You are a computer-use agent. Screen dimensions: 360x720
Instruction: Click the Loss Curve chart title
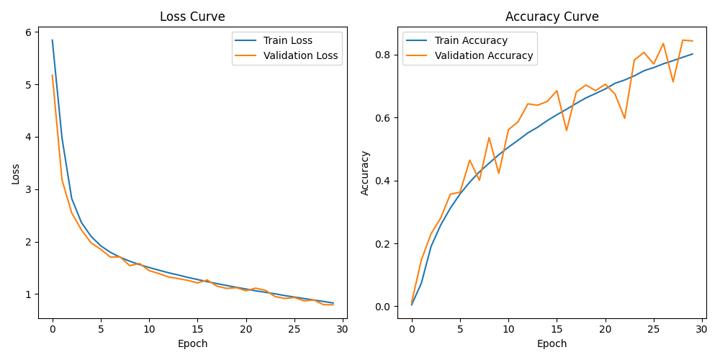click(x=192, y=17)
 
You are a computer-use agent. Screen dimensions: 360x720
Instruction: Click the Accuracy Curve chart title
click(x=552, y=17)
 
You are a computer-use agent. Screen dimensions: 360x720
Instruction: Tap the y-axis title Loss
click(x=16, y=173)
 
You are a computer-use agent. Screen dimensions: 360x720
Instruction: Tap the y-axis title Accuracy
click(x=365, y=173)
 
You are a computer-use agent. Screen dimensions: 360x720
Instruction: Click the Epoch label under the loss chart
click(x=192, y=344)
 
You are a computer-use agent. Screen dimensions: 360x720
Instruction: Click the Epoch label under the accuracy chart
click(x=552, y=344)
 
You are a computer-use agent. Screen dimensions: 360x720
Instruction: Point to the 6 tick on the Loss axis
click(x=28, y=32)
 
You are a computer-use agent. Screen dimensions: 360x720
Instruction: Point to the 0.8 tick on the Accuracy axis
click(x=382, y=55)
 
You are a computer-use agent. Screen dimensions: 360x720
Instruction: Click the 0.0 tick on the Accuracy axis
click(x=382, y=307)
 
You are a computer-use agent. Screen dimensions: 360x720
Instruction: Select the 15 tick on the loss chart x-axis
click(x=197, y=329)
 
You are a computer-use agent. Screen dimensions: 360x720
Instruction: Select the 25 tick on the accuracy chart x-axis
click(x=654, y=329)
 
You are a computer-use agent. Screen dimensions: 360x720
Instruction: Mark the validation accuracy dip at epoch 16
click(x=567, y=130)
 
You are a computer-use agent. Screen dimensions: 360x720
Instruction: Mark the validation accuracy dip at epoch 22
click(x=624, y=118)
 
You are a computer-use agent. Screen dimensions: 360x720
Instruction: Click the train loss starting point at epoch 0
click(x=52, y=40)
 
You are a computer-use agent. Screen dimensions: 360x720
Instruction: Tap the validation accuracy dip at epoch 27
click(x=673, y=81)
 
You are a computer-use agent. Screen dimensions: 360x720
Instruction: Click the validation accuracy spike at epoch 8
click(x=489, y=138)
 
